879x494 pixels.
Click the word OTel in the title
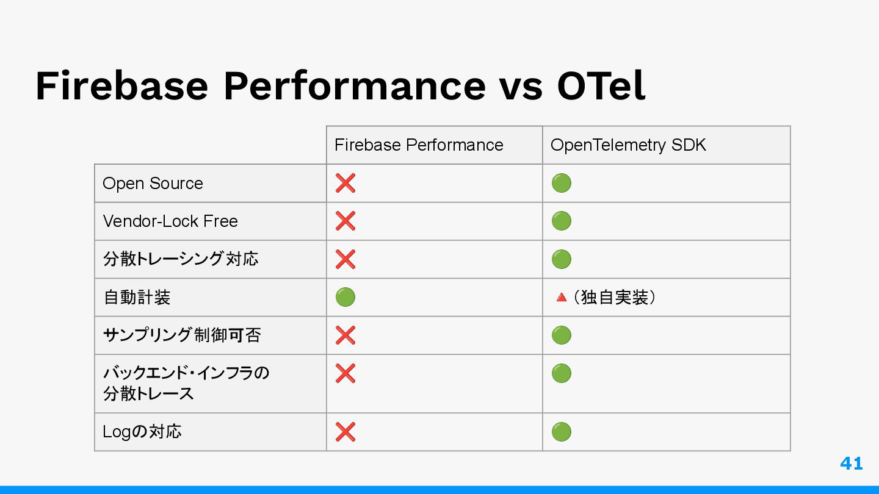(x=601, y=85)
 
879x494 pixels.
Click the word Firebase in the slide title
(x=121, y=85)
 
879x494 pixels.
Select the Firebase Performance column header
(x=419, y=145)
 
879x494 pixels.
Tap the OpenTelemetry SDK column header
(x=628, y=145)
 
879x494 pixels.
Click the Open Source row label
(x=153, y=184)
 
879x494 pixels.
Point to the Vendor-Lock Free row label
(x=170, y=221)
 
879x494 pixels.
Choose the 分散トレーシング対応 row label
(x=181, y=259)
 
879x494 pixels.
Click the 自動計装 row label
(x=137, y=297)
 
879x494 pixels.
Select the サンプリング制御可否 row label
(x=182, y=335)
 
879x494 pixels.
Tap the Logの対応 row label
(x=142, y=432)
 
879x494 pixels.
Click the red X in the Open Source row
(x=345, y=183)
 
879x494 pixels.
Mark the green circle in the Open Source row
(x=561, y=183)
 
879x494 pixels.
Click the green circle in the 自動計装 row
(x=345, y=297)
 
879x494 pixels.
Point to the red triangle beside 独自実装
(x=562, y=298)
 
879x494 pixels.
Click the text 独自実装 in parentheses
(x=614, y=297)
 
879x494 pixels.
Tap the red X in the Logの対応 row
(x=345, y=432)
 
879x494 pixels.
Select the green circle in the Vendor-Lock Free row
(x=561, y=221)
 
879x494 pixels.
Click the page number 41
(x=851, y=464)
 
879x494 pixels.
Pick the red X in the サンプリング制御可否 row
(x=345, y=335)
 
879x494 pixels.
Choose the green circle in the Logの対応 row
(x=561, y=432)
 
